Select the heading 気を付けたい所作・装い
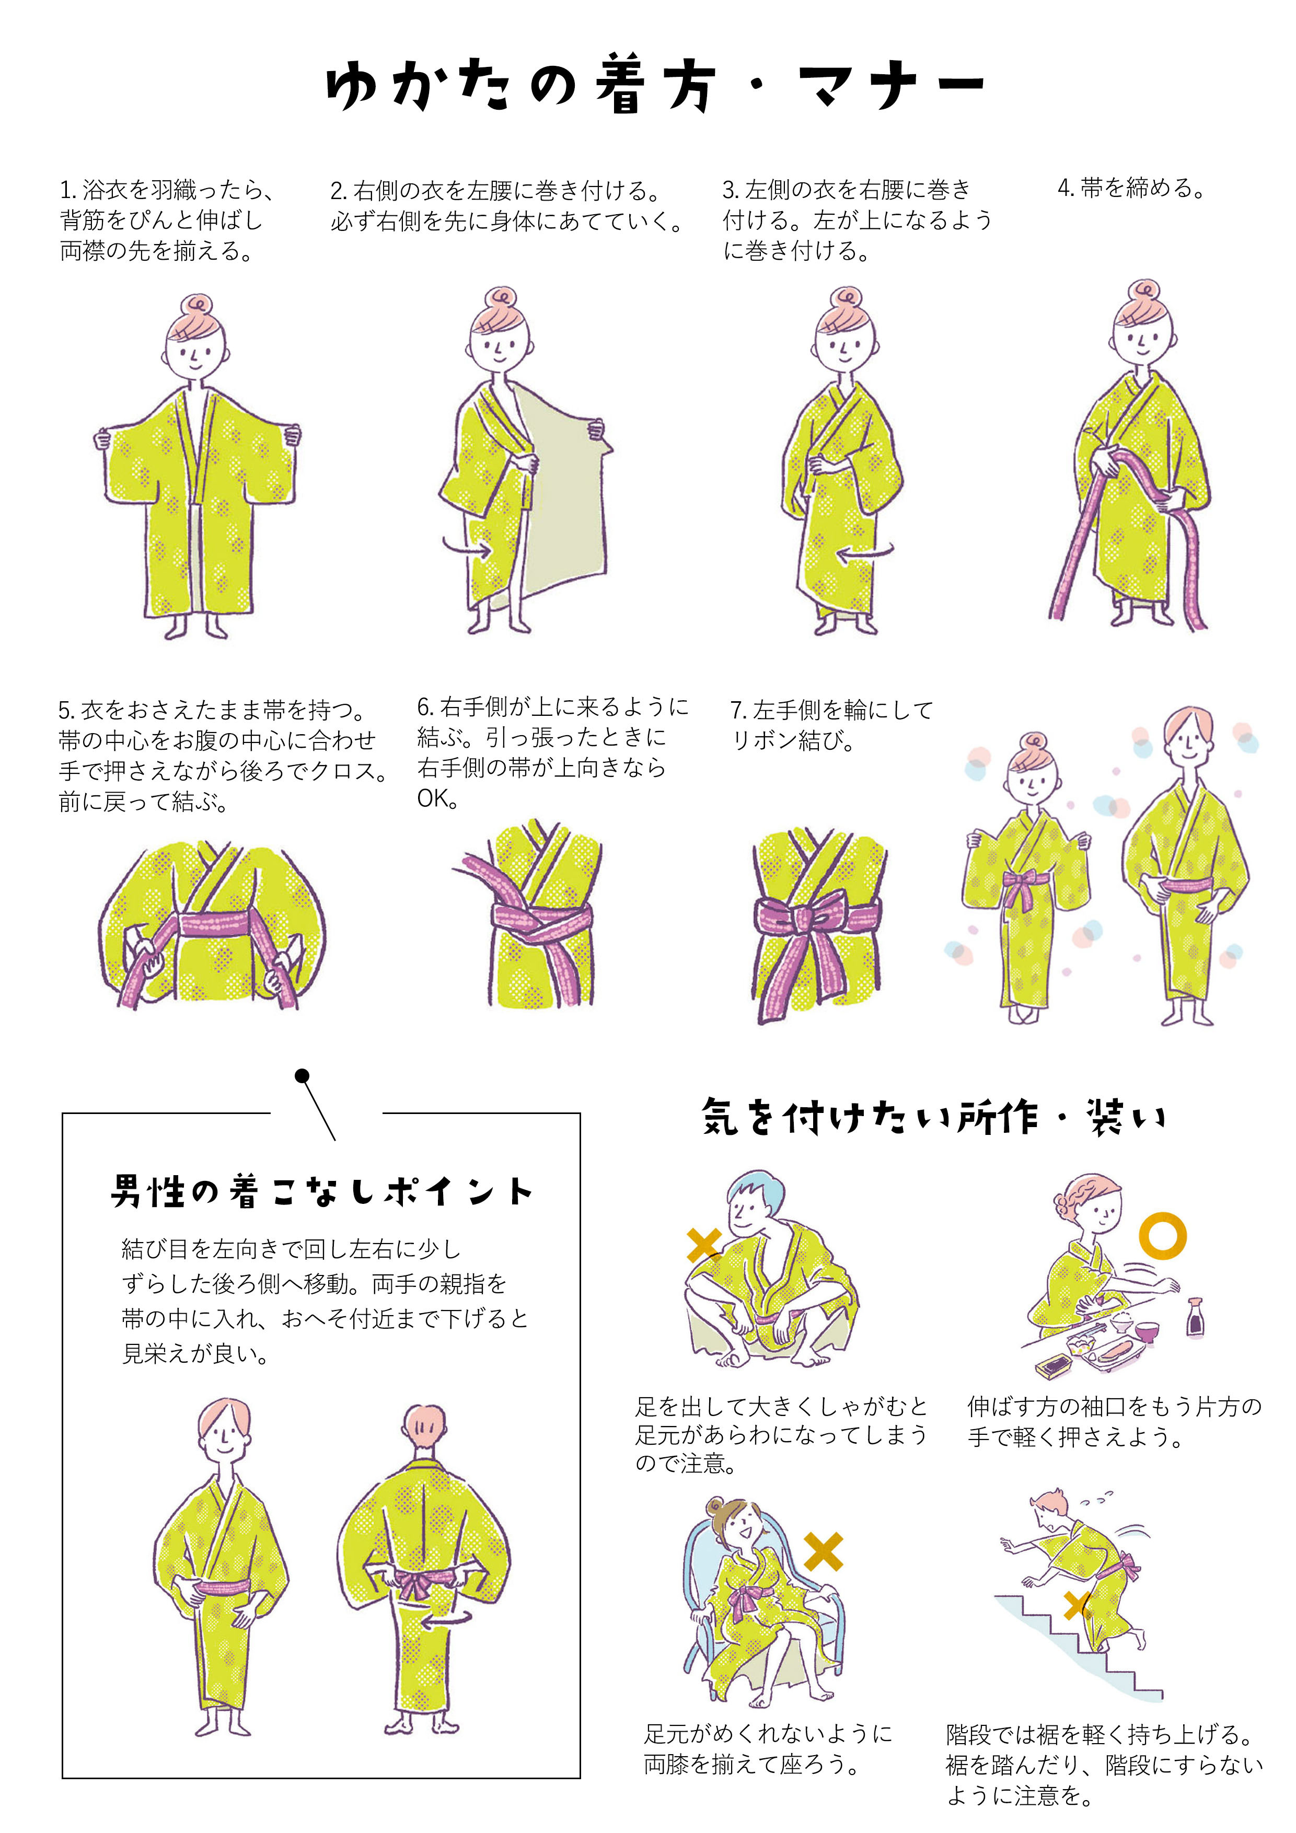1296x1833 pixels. [933, 1116]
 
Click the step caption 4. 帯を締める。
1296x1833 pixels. [1131, 189]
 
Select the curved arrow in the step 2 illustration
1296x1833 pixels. [468, 548]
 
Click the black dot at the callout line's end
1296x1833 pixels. [302, 1076]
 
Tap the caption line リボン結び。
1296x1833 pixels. [793, 740]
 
